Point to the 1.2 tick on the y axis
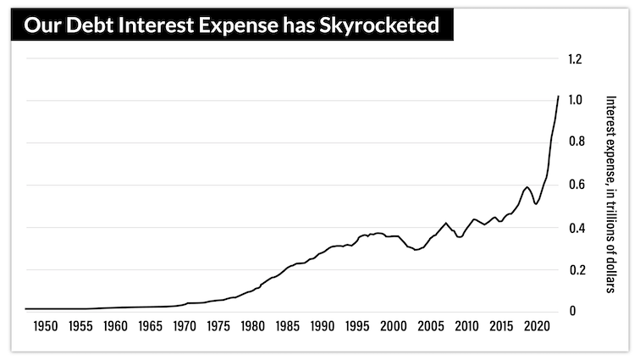click(576, 59)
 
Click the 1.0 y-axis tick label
click(576, 101)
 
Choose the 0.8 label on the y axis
click(576, 142)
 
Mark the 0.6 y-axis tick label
click(576, 185)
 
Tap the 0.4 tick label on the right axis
click(576, 227)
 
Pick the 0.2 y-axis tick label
click(576, 269)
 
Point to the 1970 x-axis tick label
click(186, 326)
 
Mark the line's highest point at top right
click(559, 97)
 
